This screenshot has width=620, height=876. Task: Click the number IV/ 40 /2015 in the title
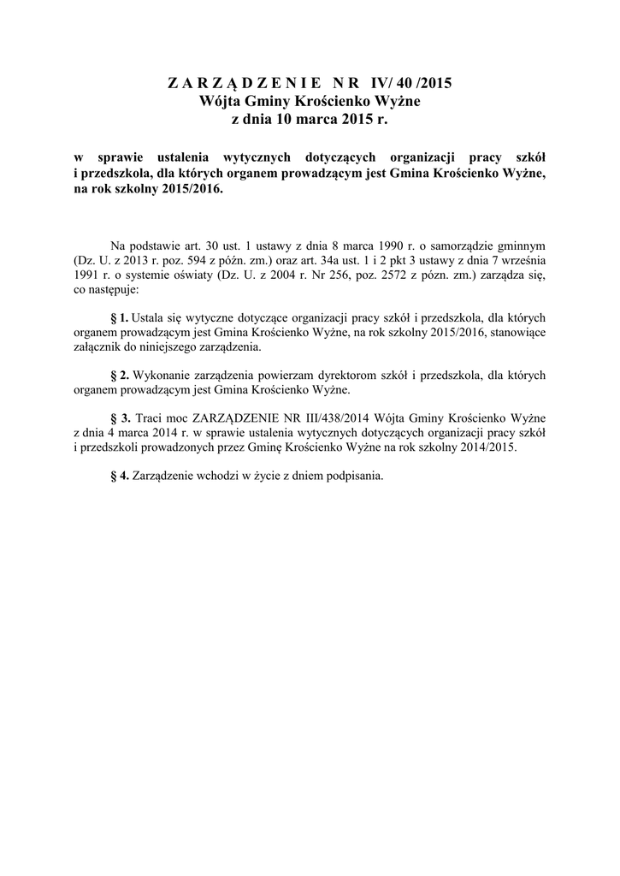click(x=410, y=84)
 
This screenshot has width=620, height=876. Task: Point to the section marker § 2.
click(x=120, y=376)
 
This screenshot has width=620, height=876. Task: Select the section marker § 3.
click(x=121, y=417)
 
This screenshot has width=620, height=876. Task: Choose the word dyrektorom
click(x=363, y=376)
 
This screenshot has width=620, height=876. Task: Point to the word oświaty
click(x=195, y=277)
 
